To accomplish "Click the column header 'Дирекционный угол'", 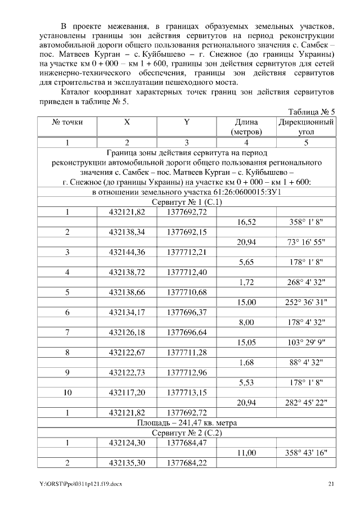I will (307, 127).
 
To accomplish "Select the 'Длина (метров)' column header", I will (246, 127).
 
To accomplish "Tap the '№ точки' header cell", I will (67, 121).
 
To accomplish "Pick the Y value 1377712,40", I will (187, 272).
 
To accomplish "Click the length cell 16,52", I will (246, 222).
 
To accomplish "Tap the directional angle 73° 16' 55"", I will (307, 242).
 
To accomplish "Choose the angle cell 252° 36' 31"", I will (307, 303).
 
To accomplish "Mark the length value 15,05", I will (246, 343).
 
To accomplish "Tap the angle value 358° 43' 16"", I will (307, 452).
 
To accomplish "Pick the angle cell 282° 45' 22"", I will (307, 403).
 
